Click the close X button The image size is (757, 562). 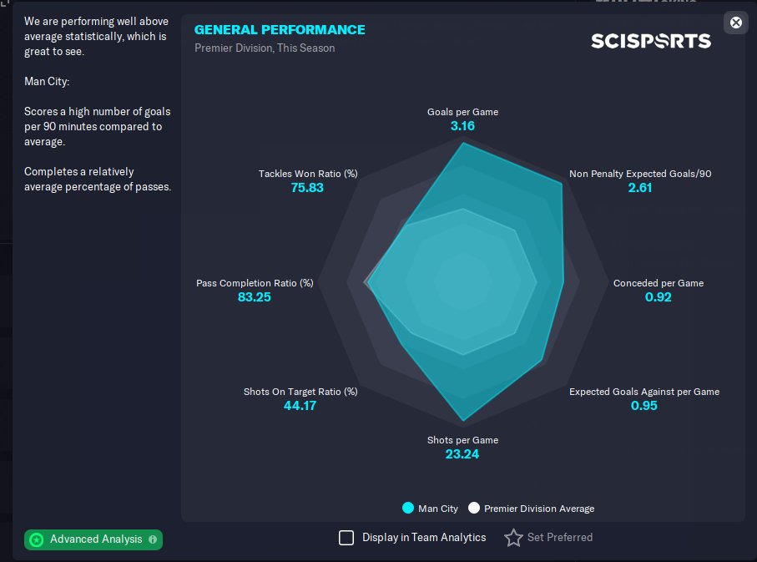pos(735,23)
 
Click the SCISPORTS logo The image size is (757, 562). pos(651,40)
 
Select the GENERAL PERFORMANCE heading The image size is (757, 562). pos(280,30)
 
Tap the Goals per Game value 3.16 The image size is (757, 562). pos(462,126)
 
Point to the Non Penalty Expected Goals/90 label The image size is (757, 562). pos(640,174)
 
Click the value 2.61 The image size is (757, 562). pos(640,188)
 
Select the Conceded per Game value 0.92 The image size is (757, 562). pos(658,297)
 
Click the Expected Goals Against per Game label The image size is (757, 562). pos(643,392)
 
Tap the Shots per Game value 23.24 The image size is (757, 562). pos(462,454)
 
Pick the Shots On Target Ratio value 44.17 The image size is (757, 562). pos(300,406)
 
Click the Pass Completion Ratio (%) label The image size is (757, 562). pos(255,283)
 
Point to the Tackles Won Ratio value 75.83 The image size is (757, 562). pos(307,188)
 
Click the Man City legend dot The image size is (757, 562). pos(408,508)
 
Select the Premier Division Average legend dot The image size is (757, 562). pos(474,508)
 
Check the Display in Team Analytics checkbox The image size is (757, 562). pos(346,538)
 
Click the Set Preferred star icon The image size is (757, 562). pos(513,538)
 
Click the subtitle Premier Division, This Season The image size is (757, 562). pos(265,48)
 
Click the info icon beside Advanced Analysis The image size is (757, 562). pos(153,539)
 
